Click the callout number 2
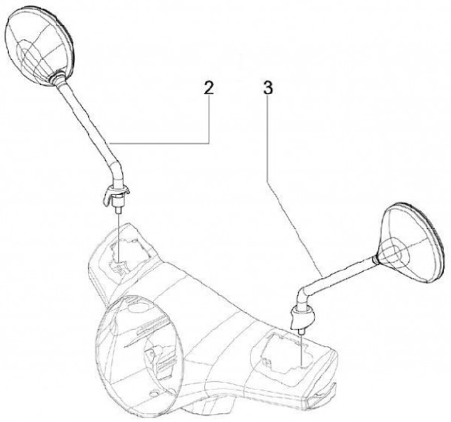(208, 88)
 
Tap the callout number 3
(267, 88)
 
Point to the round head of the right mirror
(410, 240)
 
